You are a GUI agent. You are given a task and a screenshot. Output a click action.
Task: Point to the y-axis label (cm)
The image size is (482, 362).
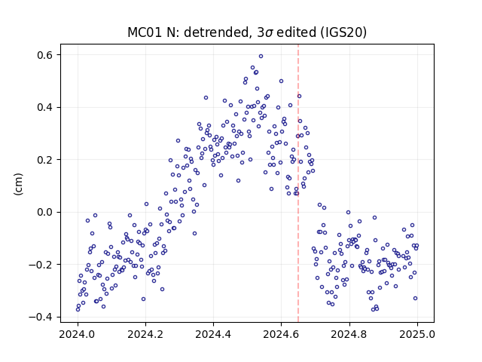pyautogui.click(x=18, y=184)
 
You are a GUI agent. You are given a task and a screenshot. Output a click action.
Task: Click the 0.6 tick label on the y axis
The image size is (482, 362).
pyautogui.click(x=44, y=55)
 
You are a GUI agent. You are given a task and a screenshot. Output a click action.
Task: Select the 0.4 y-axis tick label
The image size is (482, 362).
pyautogui.click(x=44, y=107)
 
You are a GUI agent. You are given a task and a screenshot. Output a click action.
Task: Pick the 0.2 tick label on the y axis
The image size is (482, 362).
pyautogui.click(x=44, y=160)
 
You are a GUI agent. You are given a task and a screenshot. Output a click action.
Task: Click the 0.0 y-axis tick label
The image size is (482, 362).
pyautogui.click(x=44, y=212)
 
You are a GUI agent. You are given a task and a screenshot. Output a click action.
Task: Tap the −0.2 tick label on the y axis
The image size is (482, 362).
pyautogui.click(x=41, y=265)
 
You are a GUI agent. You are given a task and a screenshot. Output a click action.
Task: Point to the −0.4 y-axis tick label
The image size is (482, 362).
pyautogui.click(x=41, y=317)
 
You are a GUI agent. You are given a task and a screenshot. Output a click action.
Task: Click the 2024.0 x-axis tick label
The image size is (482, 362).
pyautogui.click(x=78, y=334)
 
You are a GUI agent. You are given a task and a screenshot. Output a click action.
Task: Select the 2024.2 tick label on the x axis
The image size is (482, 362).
pyautogui.click(x=145, y=334)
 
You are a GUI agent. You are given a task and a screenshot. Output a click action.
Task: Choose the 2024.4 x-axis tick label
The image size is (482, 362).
pyautogui.click(x=213, y=334)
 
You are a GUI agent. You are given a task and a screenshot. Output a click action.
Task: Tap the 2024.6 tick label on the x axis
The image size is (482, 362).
pyautogui.click(x=281, y=334)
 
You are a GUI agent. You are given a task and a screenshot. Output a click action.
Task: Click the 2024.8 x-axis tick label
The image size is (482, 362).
pyautogui.click(x=349, y=334)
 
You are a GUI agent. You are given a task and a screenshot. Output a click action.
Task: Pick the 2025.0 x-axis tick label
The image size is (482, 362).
pyautogui.click(x=417, y=334)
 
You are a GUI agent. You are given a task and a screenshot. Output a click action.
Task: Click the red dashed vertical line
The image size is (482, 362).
pyautogui.click(x=298, y=183)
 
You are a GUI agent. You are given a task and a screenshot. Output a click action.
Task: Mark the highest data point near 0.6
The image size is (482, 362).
pyautogui.click(x=261, y=57)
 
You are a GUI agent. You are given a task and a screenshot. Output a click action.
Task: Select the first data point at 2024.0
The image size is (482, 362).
pyautogui.click(x=78, y=309)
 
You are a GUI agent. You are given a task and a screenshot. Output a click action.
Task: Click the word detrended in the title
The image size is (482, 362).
pyautogui.click(x=216, y=32)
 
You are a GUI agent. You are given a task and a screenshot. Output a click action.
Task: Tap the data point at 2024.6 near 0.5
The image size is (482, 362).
pyautogui.click(x=281, y=81)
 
